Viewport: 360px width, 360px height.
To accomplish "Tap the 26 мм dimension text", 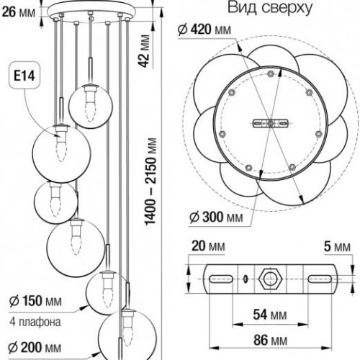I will pos(17,10).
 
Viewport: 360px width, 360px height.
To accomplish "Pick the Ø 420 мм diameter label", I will pos(206,30).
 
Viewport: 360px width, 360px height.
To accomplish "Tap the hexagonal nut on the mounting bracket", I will pos(271,278).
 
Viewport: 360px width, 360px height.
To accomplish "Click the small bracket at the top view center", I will pos(270,123).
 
